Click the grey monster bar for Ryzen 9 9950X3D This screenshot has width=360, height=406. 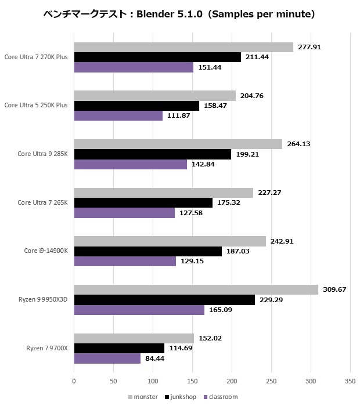(x=196, y=289)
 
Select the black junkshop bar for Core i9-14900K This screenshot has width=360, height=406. (x=147, y=251)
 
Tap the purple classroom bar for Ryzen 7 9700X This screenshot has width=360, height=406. (x=107, y=358)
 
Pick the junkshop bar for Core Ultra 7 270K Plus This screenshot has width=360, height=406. (x=157, y=57)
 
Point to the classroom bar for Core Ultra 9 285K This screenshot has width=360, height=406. (x=130, y=165)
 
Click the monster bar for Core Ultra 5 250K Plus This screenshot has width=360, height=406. (x=154, y=96)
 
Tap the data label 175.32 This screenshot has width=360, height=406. (x=228, y=202)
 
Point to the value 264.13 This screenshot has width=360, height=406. (x=298, y=144)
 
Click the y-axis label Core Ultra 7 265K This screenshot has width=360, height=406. (x=42, y=202)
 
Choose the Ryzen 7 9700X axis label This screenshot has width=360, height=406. (x=47, y=348)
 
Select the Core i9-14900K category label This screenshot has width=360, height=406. (x=46, y=251)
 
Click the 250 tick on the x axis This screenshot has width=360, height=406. (x=271, y=382)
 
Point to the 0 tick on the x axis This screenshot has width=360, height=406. (x=74, y=382)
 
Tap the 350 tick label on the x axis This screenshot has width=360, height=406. (x=350, y=382)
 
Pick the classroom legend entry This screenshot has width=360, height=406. (x=221, y=397)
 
